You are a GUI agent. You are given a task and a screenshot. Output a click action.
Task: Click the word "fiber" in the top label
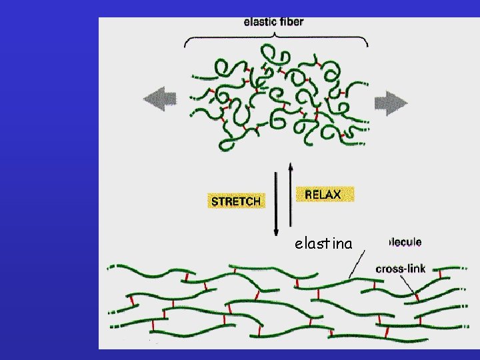[291, 22]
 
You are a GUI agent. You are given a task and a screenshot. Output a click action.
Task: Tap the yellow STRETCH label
[236, 201]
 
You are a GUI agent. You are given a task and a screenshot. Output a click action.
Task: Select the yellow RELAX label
[324, 195]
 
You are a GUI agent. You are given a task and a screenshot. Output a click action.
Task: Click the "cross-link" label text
[401, 269]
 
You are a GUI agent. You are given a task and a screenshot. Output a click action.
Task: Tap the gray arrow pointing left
[159, 100]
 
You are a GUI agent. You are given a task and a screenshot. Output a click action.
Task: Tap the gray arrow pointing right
[390, 102]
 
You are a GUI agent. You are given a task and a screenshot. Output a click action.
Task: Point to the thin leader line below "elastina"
[357, 264]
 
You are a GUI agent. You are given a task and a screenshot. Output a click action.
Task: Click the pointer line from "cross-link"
[407, 285]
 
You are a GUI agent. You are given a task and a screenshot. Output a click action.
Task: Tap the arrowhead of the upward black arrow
[291, 164]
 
